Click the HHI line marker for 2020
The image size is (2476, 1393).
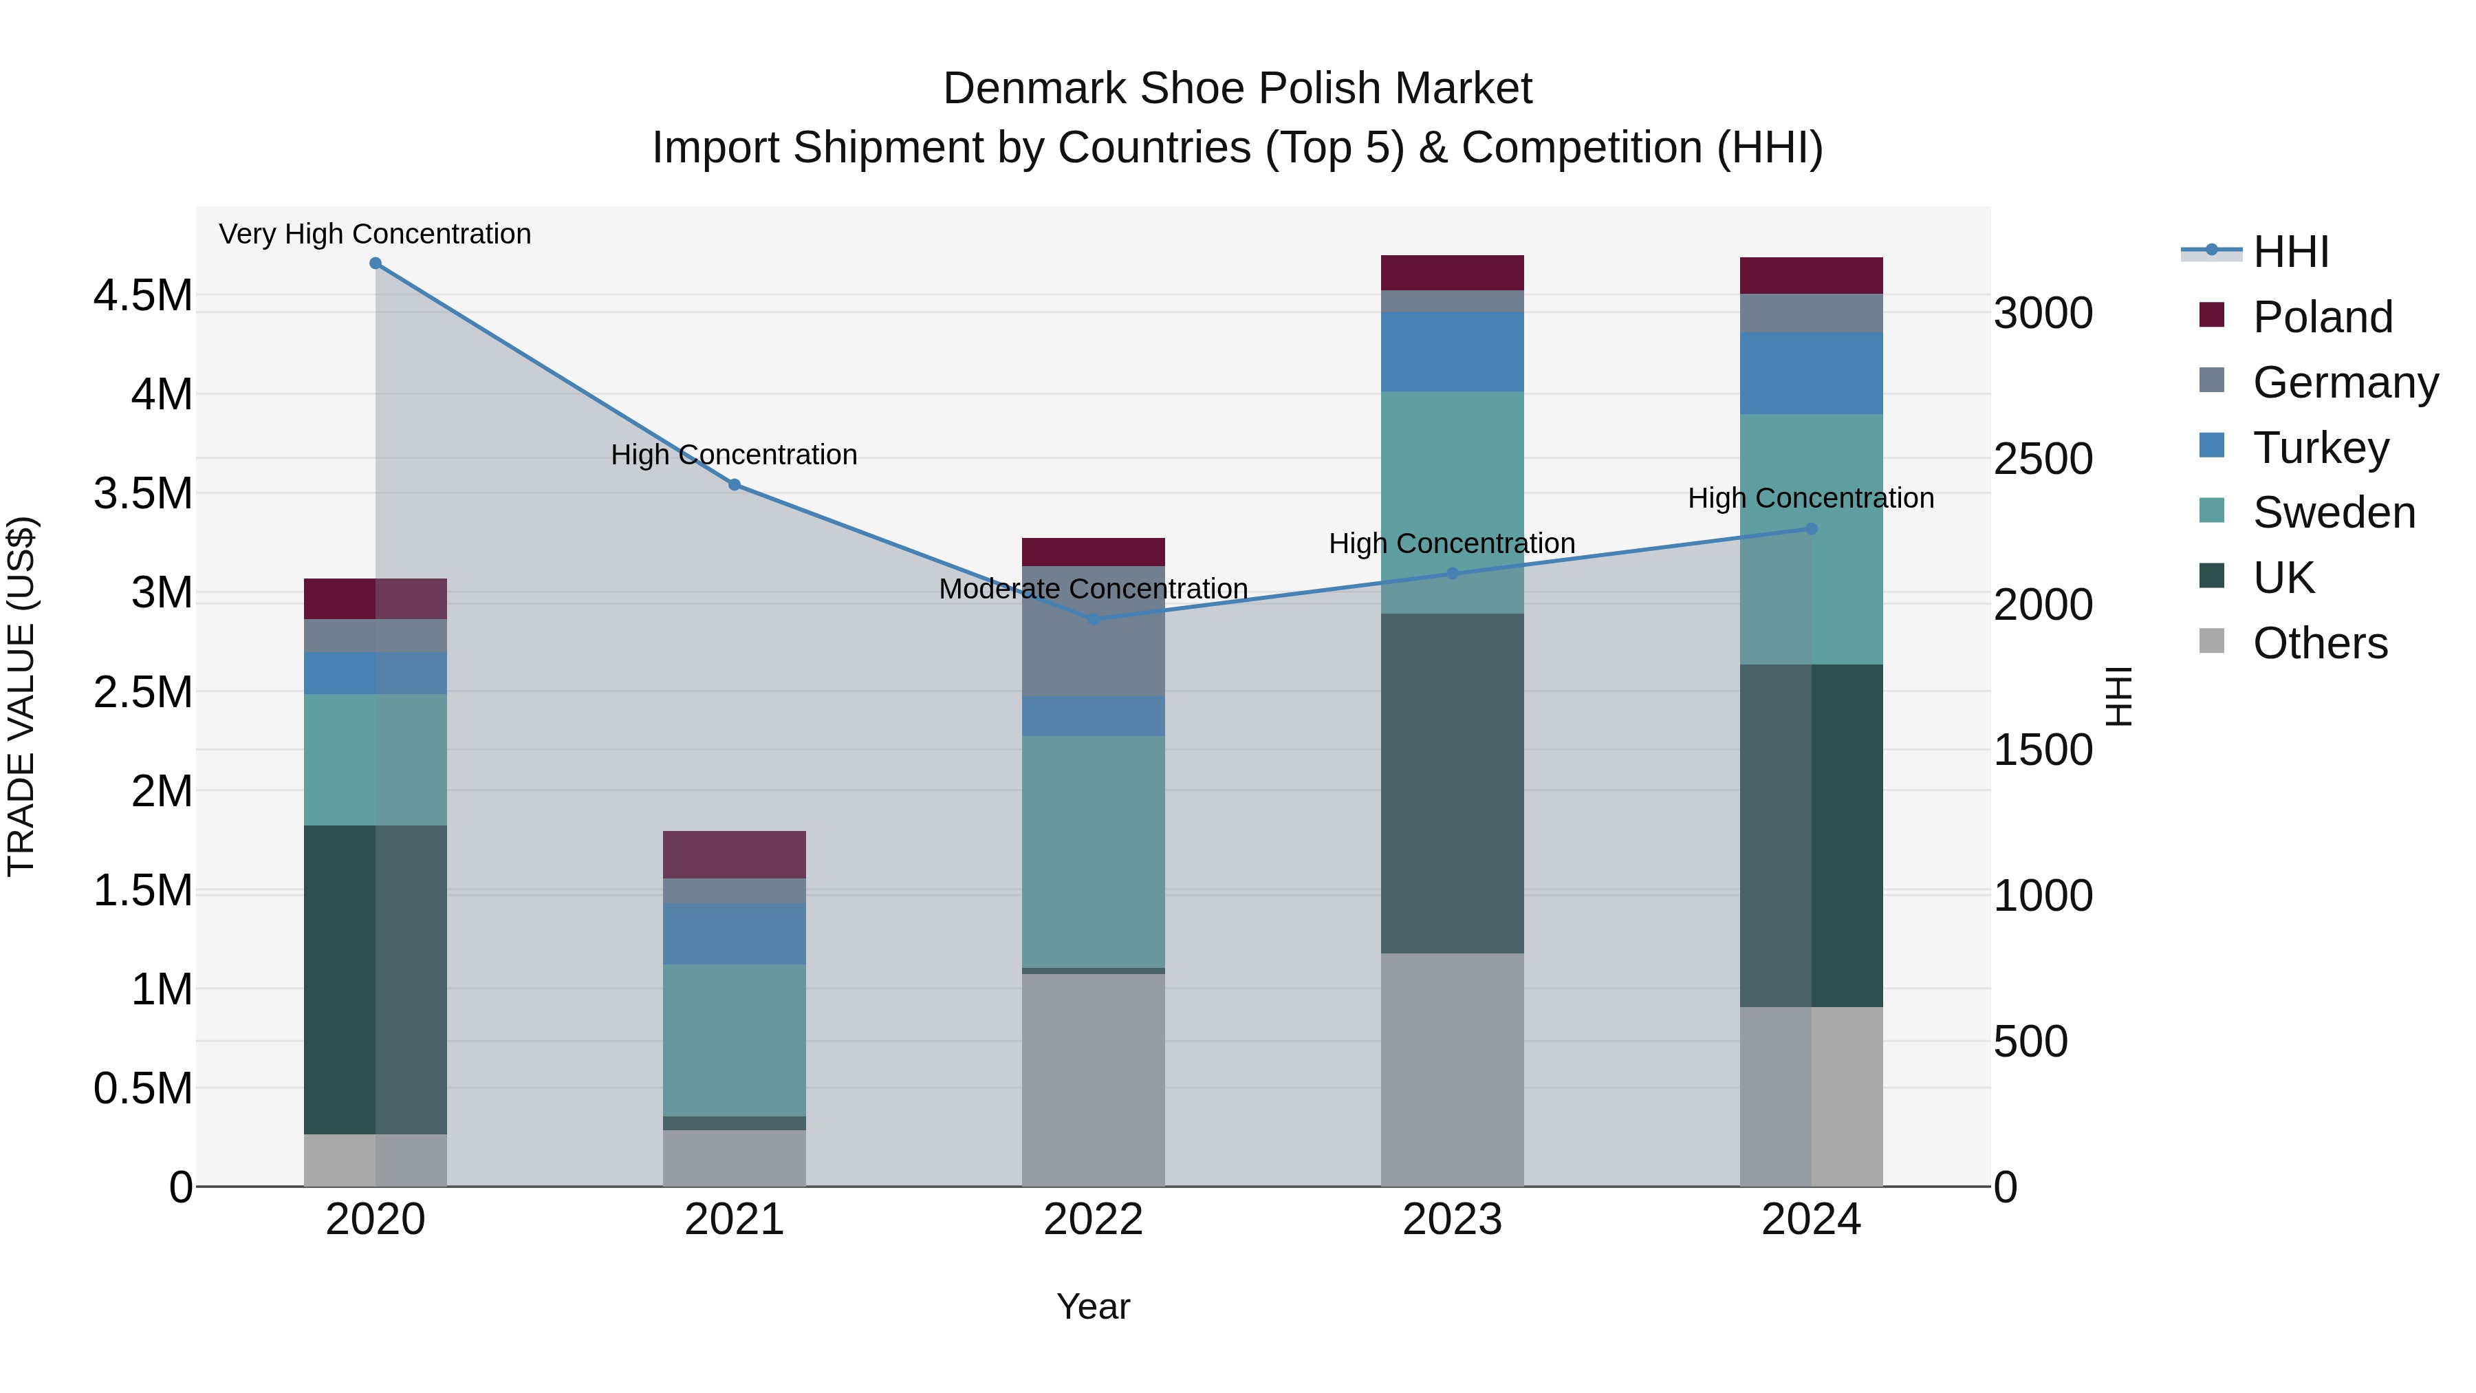tap(376, 263)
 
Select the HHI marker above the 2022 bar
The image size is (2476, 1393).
tap(1093, 619)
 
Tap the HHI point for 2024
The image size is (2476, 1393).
tap(1811, 529)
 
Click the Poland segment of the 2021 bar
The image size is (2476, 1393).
tap(735, 854)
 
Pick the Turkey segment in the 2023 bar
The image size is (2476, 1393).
tap(1453, 351)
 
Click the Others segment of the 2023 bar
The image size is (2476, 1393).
tap(1453, 1069)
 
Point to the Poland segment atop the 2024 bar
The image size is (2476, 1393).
tap(1811, 275)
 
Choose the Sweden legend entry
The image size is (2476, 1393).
tap(2333, 512)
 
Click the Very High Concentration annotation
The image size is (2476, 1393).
tap(375, 234)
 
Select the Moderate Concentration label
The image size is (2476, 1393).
tap(1093, 588)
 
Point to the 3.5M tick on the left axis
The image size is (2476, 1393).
tap(142, 493)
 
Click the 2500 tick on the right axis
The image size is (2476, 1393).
tap(2043, 459)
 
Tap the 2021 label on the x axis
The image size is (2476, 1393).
tap(735, 1219)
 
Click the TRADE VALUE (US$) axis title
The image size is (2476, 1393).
tap(21, 696)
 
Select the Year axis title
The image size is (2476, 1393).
tap(1093, 1306)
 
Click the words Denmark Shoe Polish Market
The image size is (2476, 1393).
tap(1237, 89)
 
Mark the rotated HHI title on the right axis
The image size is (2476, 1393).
tap(2118, 696)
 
